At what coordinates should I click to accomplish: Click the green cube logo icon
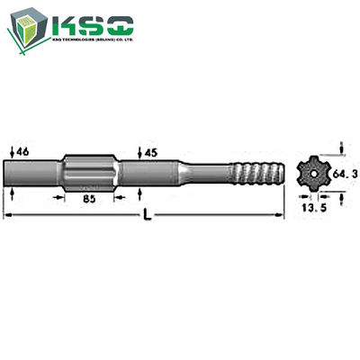pyautogui.click(x=30, y=28)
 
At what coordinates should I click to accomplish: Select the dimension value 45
pyautogui.click(x=151, y=153)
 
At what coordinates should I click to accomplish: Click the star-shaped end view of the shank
pyautogui.click(x=311, y=172)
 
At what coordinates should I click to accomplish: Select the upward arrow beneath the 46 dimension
pyautogui.click(x=12, y=192)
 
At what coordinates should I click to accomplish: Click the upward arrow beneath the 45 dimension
pyautogui.click(x=139, y=192)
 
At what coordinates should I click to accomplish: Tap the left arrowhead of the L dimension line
pyautogui.click(x=7, y=214)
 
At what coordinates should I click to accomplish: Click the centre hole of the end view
pyautogui.click(x=311, y=172)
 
